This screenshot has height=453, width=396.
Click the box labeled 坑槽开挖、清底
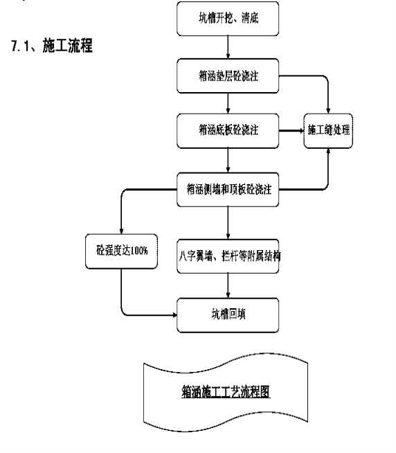(x=228, y=19)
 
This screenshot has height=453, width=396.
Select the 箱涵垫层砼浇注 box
(x=228, y=75)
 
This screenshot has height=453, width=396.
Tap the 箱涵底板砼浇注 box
(x=228, y=131)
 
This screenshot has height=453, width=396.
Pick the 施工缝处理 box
(x=328, y=131)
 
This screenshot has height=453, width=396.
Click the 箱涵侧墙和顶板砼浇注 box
(x=228, y=190)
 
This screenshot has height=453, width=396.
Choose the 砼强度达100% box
(x=121, y=251)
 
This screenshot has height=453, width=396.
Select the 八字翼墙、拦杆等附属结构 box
(x=228, y=256)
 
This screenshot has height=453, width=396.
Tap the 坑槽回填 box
(x=228, y=315)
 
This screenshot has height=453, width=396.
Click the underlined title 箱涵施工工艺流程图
(x=226, y=392)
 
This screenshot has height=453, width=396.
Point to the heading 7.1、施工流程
(x=52, y=46)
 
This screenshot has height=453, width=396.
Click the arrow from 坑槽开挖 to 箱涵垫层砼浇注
(x=228, y=47)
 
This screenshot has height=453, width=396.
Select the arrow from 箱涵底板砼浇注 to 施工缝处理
(x=291, y=131)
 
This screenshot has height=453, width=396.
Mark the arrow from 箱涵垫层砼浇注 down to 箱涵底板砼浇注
(x=228, y=103)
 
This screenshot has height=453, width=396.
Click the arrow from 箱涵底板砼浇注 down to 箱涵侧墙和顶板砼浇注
(x=228, y=160)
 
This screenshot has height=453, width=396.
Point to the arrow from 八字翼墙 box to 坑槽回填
(x=228, y=285)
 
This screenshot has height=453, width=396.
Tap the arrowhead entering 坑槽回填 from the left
(x=174, y=315)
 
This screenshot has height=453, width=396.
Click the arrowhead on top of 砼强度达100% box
(x=121, y=231)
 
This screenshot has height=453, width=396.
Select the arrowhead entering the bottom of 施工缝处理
(x=328, y=151)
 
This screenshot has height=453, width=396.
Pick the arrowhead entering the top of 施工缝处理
(x=328, y=111)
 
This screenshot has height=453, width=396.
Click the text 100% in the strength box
(x=139, y=251)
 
